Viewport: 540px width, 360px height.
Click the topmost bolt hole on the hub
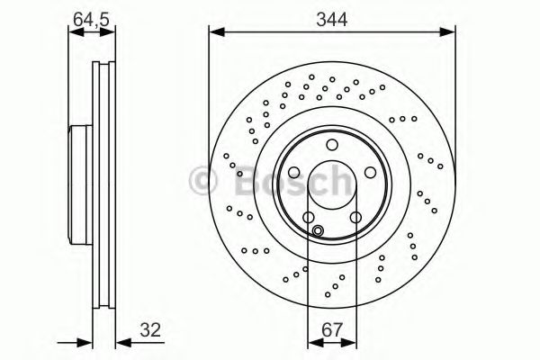click(331, 146)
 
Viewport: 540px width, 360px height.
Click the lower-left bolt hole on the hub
click(309, 216)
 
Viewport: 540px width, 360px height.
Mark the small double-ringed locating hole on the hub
click(318, 230)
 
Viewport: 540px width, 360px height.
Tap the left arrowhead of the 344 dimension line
click(214, 34)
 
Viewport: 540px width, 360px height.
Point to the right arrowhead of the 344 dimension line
click(449, 34)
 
